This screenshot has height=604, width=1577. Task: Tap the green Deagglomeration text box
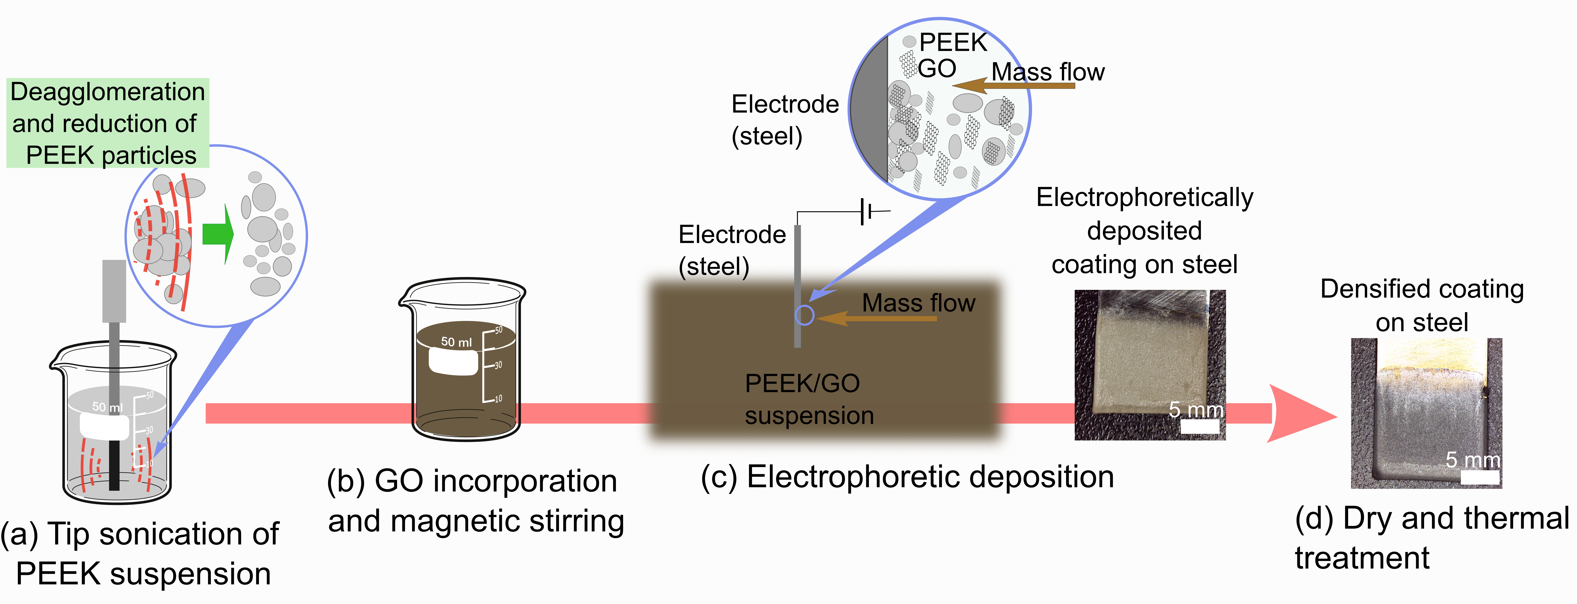pos(108,123)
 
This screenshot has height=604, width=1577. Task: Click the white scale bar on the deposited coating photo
pos(1199,427)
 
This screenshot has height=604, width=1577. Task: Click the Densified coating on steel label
pos(1421,305)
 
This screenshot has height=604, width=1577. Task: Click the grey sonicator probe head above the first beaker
pos(114,291)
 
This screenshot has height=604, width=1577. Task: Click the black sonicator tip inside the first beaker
pos(114,466)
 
